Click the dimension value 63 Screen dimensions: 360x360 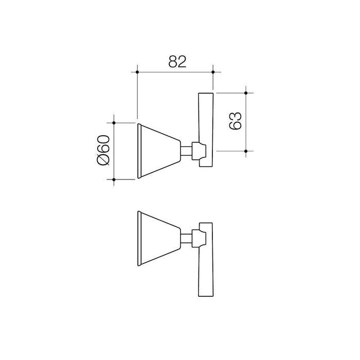[234, 121]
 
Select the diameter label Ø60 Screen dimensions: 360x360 [102, 150]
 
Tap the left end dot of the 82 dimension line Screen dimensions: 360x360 [137, 73]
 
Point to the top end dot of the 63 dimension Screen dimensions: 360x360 [246, 93]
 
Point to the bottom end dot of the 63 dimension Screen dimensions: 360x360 [246, 151]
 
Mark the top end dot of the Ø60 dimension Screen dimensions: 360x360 [114, 123]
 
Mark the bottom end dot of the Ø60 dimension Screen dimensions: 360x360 [114, 179]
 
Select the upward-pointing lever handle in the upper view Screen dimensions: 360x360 [206, 123]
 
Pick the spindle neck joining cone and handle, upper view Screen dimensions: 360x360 [187, 151]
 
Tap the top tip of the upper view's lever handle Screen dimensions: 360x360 [206, 94]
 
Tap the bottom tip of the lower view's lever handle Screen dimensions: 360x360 [206, 295]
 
